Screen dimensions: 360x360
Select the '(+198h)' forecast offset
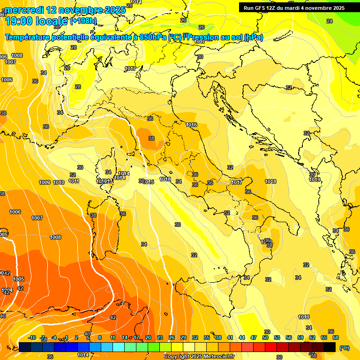click(x=83, y=21)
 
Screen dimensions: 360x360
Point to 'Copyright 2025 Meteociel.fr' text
click(x=199, y=357)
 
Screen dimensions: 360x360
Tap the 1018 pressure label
click(x=270, y=181)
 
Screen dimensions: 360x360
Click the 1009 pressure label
click(x=45, y=182)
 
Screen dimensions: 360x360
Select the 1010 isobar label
click(x=59, y=182)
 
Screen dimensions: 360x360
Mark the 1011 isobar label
click(x=74, y=181)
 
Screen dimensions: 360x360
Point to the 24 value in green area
click(x=329, y=21)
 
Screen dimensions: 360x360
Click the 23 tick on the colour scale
click(x=160, y=337)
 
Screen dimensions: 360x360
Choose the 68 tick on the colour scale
click(x=336, y=337)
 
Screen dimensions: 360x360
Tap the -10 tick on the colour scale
click(x=32, y=337)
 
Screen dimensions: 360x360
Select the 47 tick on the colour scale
click(x=254, y=337)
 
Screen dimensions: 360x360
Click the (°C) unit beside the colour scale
click(x=345, y=348)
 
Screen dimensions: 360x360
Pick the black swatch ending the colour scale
click(x=330, y=347)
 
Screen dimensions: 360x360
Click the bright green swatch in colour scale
click(x=154, y=347)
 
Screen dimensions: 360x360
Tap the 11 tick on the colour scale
click(x=112, y=337)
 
